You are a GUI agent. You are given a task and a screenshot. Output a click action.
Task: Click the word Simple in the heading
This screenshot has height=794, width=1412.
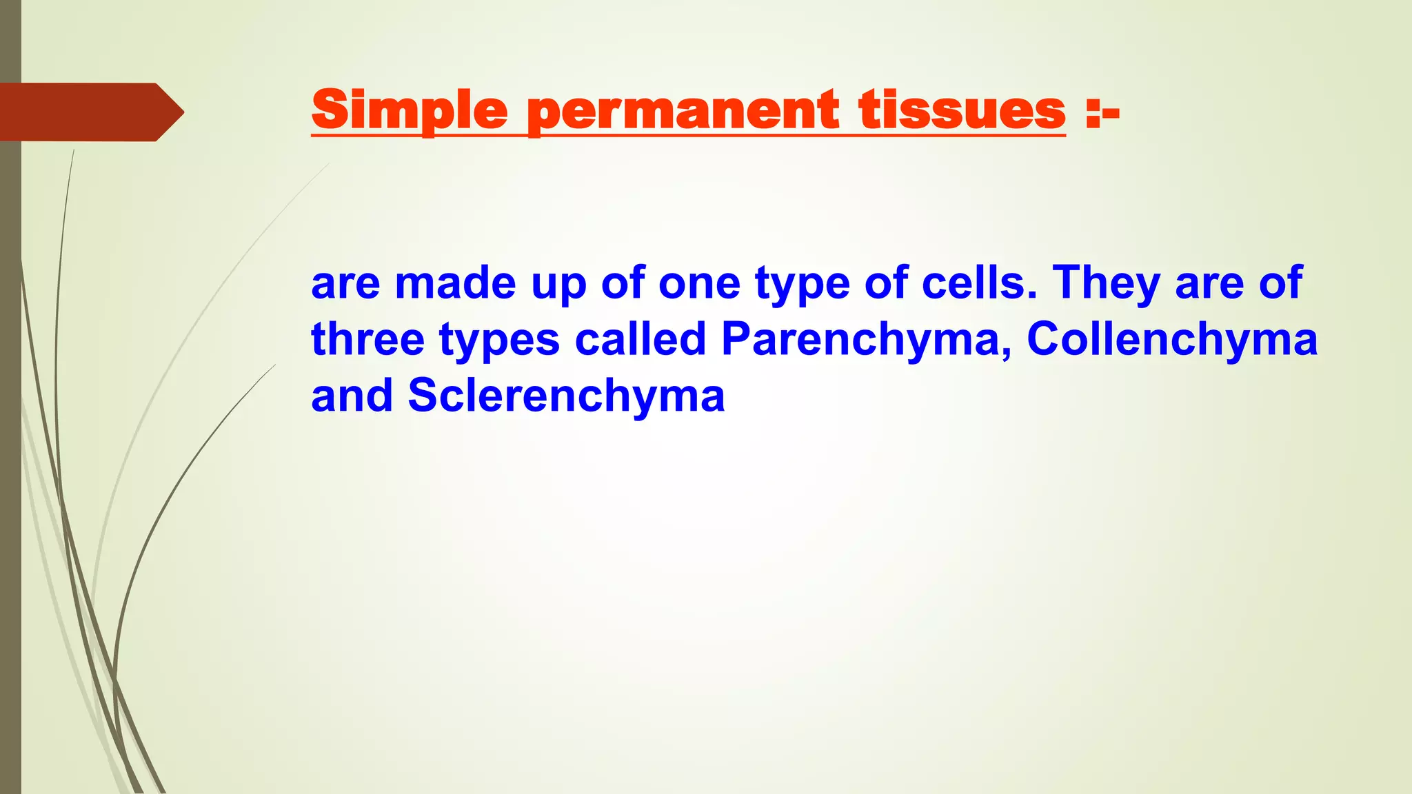point(410,110)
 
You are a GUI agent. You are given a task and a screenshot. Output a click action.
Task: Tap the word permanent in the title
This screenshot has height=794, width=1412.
point(683,111)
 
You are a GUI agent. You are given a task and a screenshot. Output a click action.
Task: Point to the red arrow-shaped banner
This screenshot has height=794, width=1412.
point(83,112)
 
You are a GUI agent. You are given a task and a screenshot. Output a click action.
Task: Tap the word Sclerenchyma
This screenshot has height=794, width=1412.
point(566,396)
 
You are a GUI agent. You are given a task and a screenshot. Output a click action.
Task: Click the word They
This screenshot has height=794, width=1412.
point(1106,284)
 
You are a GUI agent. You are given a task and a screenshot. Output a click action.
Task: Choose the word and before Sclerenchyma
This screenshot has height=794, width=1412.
point(352,396)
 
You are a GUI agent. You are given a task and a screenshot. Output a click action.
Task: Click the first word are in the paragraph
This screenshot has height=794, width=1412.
point(345,284)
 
